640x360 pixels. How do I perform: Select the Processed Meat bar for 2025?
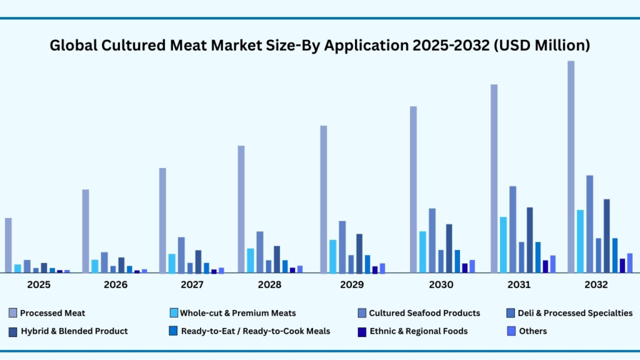(8, 246)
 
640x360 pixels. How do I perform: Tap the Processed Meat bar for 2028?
(241, 209)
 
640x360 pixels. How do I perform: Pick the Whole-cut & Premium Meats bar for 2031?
(503, 245)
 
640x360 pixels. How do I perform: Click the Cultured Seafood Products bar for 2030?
(432, 241)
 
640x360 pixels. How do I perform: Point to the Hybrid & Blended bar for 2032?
(606, 236)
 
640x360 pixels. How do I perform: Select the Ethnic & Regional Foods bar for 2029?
(375, 270)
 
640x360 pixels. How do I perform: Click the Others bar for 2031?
(552, 264)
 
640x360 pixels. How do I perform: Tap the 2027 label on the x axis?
(192, 285)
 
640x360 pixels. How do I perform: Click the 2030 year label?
(441, 285)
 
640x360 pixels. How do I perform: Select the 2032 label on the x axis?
(596, 285)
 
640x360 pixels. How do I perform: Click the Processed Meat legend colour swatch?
(13, 312)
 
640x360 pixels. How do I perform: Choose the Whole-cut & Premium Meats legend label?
(237, 313)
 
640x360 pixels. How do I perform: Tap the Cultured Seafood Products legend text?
(424, 313)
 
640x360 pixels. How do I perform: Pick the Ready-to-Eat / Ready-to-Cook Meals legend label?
(255, 331)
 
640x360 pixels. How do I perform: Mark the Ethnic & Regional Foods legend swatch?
(362, 331)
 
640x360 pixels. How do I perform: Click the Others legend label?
(532, 331)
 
